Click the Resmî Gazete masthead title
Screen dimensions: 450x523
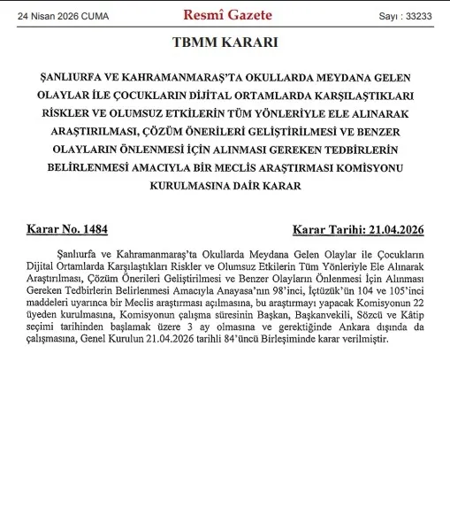point(227,15)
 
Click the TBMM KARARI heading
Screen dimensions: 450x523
point(226,42)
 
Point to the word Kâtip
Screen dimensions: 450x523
point(408,314)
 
